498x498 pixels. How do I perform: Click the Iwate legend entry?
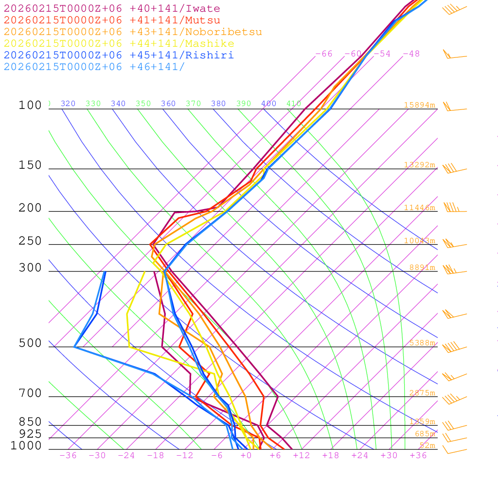[112, 9]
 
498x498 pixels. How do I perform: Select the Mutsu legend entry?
[112, 20]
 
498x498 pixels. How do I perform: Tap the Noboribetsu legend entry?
[133, 32]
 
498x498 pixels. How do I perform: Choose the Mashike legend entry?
[119, 44]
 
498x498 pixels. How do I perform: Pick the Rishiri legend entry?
[119, 55]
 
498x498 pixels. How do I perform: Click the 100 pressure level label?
[30, 105]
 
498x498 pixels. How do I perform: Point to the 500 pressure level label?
[30, 343]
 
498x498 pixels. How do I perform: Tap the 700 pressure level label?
[30, 393]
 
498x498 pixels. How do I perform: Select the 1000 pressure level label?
[26, 445]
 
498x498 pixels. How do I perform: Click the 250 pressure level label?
[30, 241]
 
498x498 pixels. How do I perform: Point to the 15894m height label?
[419, 105]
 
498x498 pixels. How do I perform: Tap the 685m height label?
[425, 434]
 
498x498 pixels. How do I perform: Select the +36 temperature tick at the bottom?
[418, 456]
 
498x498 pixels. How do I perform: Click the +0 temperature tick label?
[246, 456]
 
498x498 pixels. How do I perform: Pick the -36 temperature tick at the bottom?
[68, 456]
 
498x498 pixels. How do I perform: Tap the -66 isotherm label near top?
[323, 54]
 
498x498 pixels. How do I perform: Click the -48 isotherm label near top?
[411, 54]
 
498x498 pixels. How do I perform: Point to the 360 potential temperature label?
[168, 104]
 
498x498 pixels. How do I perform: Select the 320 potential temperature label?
[68, 104]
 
